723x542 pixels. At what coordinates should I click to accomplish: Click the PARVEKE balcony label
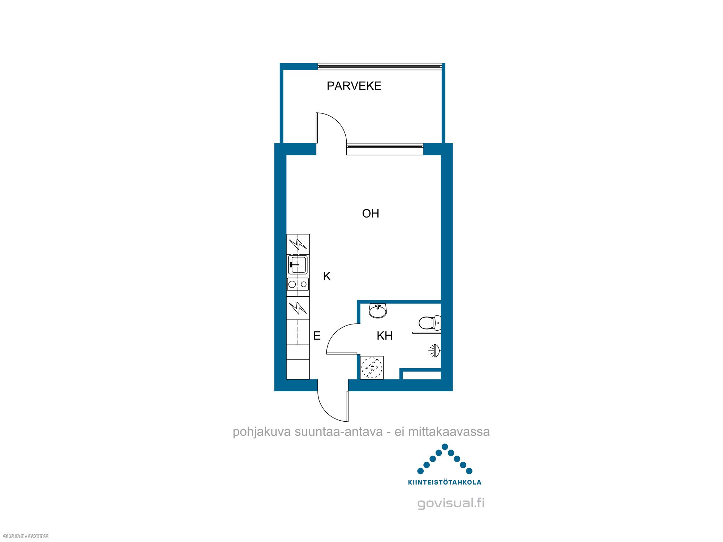pos(354,86)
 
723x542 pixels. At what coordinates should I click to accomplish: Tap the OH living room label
pos(371,214)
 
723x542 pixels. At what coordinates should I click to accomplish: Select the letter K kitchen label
pos(327,276)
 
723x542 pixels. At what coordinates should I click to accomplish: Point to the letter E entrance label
pos(317,336)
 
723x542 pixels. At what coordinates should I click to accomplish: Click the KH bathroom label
pos(385,336)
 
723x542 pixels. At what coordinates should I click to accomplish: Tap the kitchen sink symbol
pos(298,264)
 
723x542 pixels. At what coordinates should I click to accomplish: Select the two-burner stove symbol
pos(298,284)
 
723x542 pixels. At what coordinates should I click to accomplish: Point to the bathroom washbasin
pos(378,311)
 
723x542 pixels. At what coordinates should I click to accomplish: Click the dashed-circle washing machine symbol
pos(372,368)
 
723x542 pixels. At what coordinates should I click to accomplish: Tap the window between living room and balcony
pos(385,149)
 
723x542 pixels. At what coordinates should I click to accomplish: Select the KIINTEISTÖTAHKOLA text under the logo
pos(445,482)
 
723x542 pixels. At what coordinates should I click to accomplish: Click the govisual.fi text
pos(451,503)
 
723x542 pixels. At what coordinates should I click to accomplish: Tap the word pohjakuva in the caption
pos(262,432)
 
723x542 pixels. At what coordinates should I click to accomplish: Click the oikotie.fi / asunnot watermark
pos(25,536)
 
